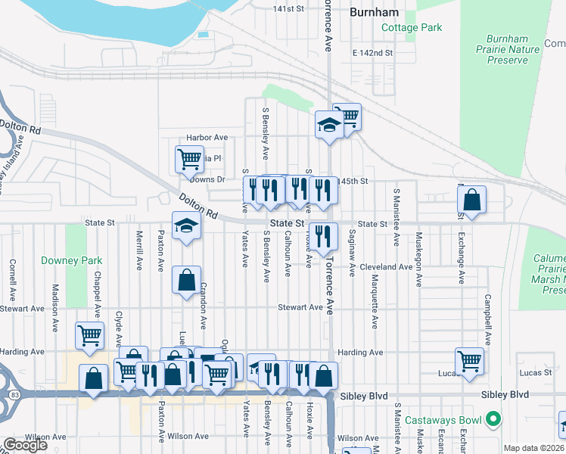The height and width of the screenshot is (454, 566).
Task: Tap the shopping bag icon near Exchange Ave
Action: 471,201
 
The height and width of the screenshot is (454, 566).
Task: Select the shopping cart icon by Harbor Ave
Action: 188,160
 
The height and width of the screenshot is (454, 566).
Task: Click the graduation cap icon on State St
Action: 185,226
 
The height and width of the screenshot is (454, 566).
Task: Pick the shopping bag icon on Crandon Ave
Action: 186,281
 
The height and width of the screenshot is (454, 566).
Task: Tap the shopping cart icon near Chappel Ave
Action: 89,334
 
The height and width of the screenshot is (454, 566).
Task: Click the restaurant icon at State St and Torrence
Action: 323,236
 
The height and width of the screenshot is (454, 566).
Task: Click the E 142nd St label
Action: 372,53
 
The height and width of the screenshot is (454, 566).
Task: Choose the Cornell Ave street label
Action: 13,281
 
